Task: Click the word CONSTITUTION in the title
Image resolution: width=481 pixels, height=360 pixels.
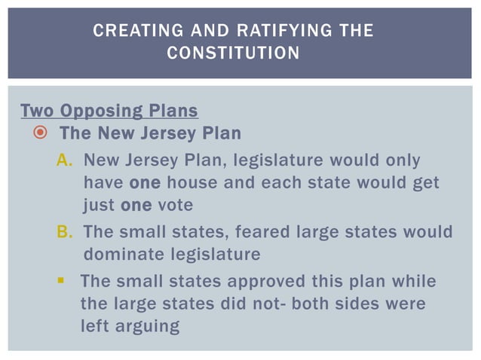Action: (232, 53)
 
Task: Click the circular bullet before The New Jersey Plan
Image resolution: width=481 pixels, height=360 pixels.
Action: (41, 134)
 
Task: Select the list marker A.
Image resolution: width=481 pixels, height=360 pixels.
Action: (64, 160)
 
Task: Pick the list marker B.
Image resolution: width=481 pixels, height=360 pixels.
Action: (64, 231)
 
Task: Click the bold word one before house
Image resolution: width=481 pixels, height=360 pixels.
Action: (145, 183)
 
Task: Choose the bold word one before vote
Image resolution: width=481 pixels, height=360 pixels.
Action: (136, 205)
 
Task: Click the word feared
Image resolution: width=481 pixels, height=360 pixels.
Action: (240, 231)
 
